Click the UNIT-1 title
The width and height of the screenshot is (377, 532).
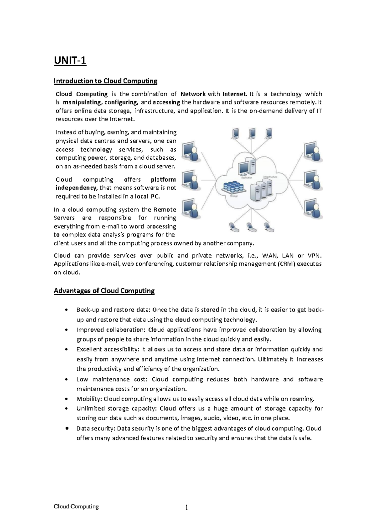pyautogui.click(x=70, y=60)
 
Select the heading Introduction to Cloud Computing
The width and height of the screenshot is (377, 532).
pyautogui.click(x=105, y=81)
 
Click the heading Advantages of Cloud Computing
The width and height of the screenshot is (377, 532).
pyautogui.click(x=104, y=291)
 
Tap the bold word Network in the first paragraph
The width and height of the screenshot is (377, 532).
pyautogui.click(x=193, y=94)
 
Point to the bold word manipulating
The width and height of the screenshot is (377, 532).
pyautogui.click(x=82, y=102)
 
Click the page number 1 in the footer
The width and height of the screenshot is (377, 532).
pyautogui.click(x=186, y=508)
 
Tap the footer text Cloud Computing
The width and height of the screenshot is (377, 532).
pyautogui.click(x=76, y=506)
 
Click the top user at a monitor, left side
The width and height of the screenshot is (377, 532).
pyautogui.click(x=191, y=152)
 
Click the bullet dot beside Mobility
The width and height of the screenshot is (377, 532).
pyautogui.click(x=66, y=399)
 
